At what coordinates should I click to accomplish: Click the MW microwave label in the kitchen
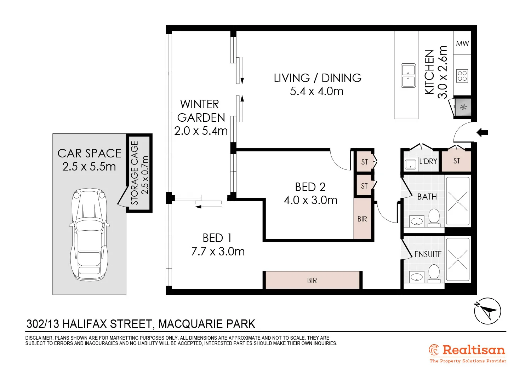[462, 44]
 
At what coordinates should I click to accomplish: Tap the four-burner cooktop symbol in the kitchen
[462, 76]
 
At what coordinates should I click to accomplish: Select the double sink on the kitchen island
[408, 75]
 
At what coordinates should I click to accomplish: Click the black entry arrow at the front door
[482, 133]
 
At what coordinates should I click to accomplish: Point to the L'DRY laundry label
[428, 161]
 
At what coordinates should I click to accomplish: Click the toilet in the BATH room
[434, 217]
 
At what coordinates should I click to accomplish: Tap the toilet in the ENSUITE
[434, 273]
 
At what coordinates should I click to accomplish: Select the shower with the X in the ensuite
[458, 259]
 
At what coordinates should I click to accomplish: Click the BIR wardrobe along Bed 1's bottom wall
[312, 280]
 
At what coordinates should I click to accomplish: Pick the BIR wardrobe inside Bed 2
[362, 219]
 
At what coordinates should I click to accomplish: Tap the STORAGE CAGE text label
[135, 173]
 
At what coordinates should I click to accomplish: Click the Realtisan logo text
[473, 350]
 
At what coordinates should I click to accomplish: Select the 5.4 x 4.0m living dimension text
[317, 91]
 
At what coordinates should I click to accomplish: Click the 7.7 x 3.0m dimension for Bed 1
[218, 252]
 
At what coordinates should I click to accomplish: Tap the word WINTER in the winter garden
[200, 104]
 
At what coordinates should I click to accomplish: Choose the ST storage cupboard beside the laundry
[457, 161]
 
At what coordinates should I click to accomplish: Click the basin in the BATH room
[417, 221]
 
